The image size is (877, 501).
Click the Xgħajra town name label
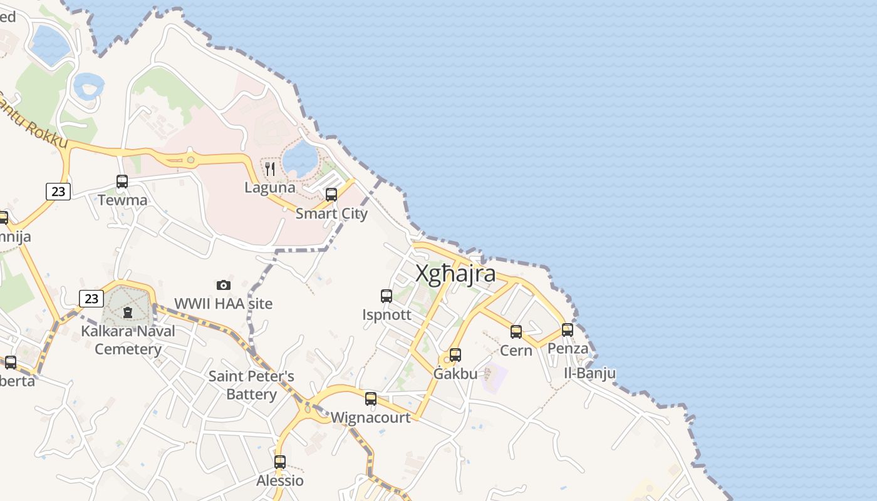[x=455, y=274]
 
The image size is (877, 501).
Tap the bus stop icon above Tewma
[x=122, y=182]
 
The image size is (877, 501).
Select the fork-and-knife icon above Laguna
[x=270, y=168]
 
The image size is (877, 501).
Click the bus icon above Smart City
[x=331, y=195]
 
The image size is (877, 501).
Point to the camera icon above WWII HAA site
[x=224, y=285]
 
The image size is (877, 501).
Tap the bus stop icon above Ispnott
[x=387, y=296]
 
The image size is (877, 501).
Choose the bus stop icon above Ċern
[x=516, y=332]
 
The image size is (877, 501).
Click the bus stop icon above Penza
[x=568, y=329]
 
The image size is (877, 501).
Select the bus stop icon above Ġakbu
[x=455, y=355]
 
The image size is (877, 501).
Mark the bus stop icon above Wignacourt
[x=371, y=398]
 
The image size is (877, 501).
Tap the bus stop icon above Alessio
[x=280, y=462]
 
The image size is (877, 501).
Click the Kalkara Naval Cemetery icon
[x=128, y=312]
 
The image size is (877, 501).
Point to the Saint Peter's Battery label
[x=251, y=385]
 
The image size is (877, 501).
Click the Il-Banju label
[x=589, y=374]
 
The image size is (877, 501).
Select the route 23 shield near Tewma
[x=58, y=192]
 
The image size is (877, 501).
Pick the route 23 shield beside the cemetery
[x=91, y=299]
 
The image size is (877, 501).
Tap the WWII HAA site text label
[x=224, y=304]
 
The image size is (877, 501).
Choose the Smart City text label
[x=331, y=214]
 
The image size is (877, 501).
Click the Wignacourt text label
[x=371, y=417]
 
